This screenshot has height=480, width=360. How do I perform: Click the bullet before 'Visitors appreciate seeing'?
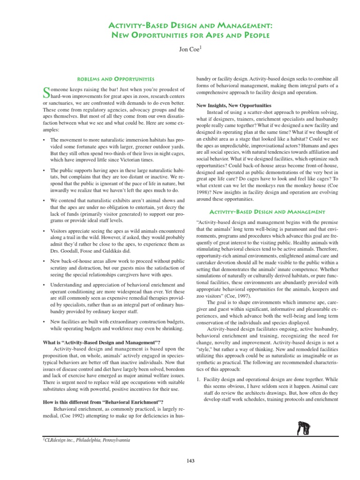coord(44,231)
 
